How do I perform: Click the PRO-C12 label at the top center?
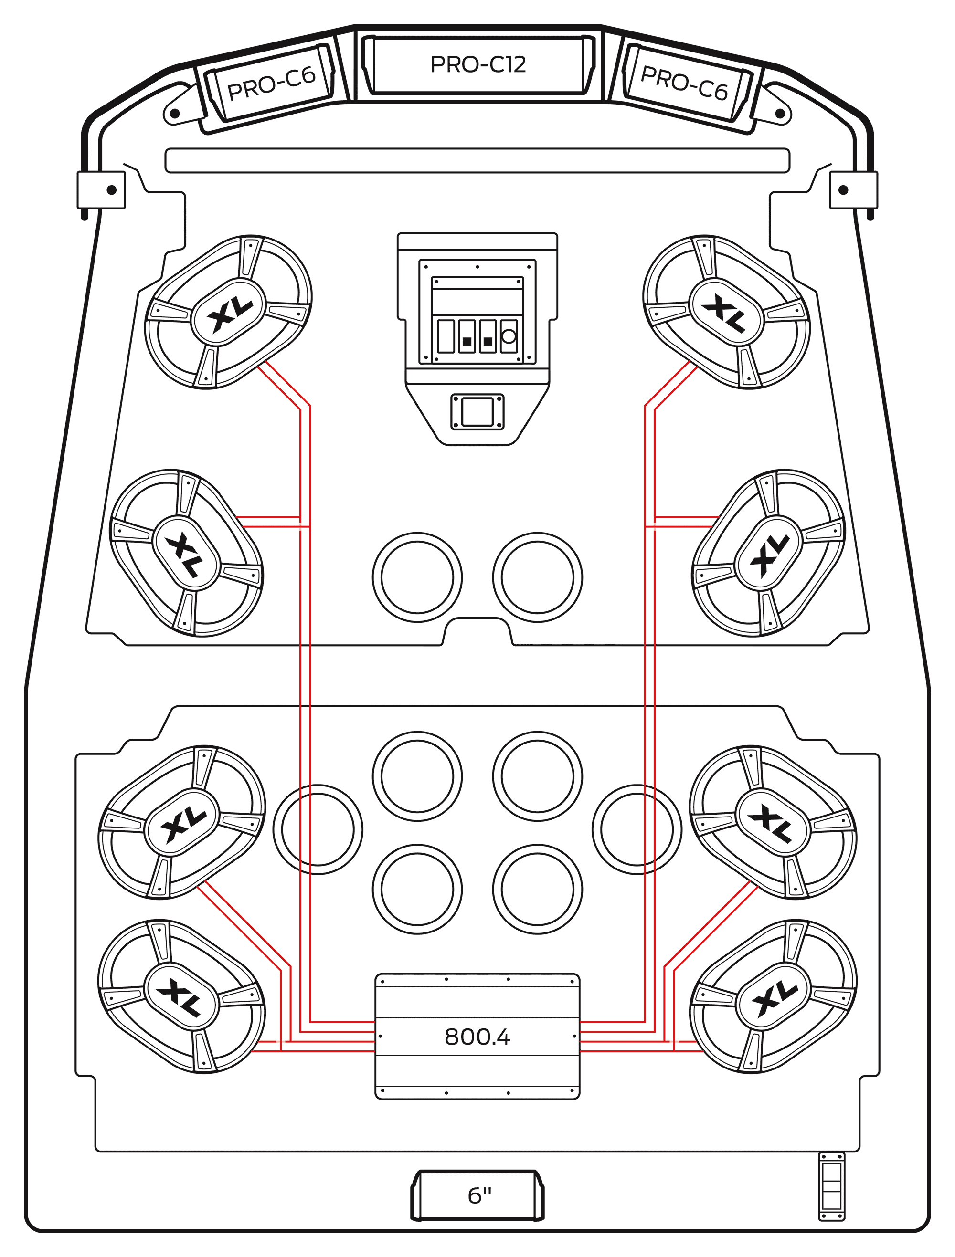pos(477,64)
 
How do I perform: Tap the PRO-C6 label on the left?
pos(271,84)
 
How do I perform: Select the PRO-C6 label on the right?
pos(684,83)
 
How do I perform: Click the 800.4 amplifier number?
pos(477,1037)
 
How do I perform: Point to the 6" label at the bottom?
pos(479,1195)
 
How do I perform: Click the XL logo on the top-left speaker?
pos(229,312)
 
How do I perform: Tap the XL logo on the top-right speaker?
pos(726,312)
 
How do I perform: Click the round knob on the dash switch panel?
pos(509,336)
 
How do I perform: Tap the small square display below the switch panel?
pos(477,412)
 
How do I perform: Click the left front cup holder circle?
pos(417,577)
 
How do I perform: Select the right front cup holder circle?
pos(537,577)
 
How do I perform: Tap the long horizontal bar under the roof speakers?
pos(477,160)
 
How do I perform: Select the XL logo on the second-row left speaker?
pos(186,554)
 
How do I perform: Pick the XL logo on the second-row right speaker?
pos(769,554)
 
